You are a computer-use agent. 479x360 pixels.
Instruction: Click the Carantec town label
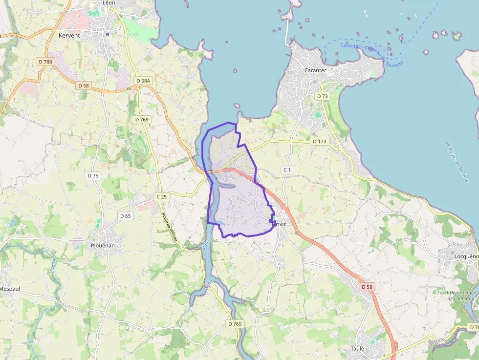(315, 70)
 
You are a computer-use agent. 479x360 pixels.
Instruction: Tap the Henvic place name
(278, 224)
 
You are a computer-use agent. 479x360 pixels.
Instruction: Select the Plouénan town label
(103, 245)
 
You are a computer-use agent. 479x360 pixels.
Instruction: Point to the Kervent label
(69, 36)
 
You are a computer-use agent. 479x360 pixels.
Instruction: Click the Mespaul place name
(10, 289)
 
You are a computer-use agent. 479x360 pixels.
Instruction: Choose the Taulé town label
(357, 348)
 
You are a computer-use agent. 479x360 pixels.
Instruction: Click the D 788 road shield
(45, 62)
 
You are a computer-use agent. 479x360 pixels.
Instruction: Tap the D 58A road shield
(144, 81)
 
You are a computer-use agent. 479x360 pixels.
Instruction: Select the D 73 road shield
(322, 96)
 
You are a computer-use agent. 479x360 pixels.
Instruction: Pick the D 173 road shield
(319, 141)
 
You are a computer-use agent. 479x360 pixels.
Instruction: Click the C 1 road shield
(286, 169)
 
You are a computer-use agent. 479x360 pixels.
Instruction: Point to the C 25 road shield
(161, 196)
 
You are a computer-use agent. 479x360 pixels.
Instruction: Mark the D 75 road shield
(93, 175)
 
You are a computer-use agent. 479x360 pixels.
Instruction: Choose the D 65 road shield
(125, 215)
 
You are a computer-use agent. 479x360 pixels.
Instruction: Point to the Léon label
(109, 2)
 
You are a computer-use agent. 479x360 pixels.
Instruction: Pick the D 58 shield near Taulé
(367, 286)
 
